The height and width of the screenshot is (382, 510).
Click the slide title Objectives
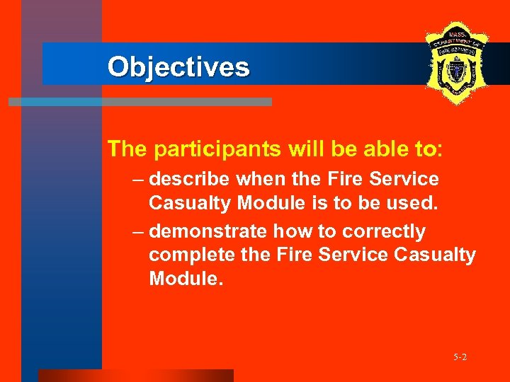[178, 66]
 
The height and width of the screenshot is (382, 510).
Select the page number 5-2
[460, 357]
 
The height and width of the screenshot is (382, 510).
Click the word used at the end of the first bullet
[420, 203]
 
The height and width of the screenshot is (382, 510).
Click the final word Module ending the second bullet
[186, 278]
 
